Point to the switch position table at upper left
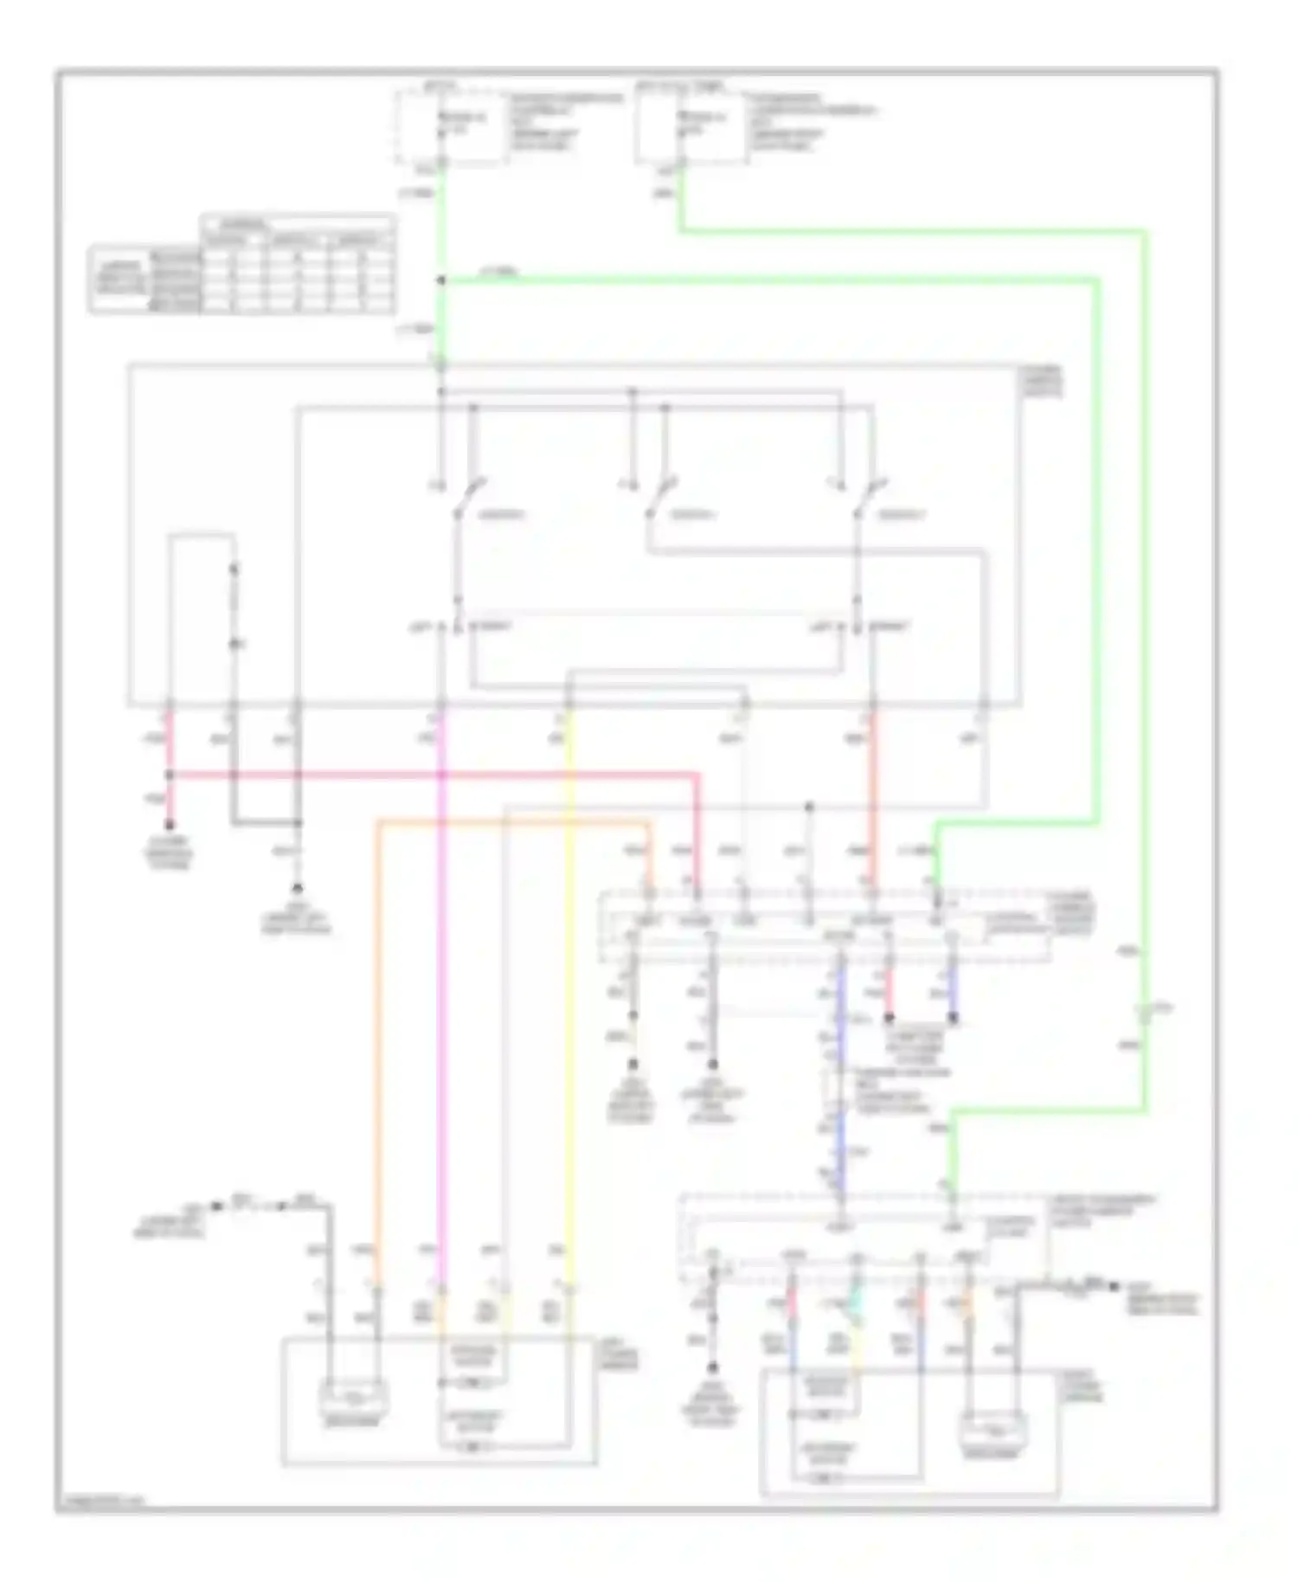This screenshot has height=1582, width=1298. pyautogui.click(x=242, y=264)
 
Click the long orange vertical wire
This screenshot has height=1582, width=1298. pyautogui.click(x=378, y=1039)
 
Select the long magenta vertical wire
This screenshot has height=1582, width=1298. pyautogui.click(x=441, y=995)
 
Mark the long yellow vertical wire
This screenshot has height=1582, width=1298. pyautogui.click(x=569, y=995)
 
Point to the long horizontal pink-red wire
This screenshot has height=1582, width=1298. pyautogui.click(x=433, y=775)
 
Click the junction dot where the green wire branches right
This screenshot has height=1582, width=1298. pyautogui.click(x=440, y=280)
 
